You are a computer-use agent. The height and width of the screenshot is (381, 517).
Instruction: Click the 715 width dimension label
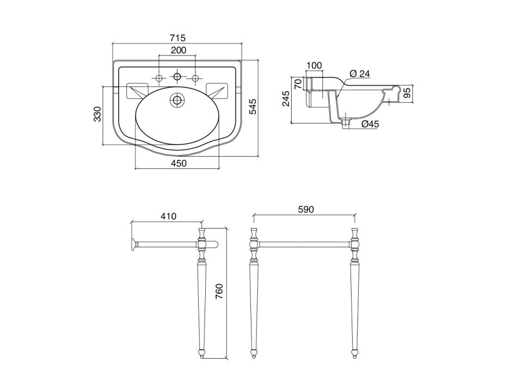(x=179, y=38)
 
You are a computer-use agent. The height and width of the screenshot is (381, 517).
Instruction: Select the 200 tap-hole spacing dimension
(x=179, y=50)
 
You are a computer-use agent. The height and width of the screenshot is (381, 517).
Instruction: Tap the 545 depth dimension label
(x=253, y=106)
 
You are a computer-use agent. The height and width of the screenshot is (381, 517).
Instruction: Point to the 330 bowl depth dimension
(x=97, y=114)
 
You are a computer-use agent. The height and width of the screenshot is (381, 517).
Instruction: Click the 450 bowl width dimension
(x=179, y=163)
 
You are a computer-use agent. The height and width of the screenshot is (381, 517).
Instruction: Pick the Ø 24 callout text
(x=360, y=73)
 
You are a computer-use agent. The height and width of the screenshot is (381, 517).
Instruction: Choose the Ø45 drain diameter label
(x=370, y=124)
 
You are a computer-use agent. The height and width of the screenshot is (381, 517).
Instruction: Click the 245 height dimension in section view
(x=286, y=99)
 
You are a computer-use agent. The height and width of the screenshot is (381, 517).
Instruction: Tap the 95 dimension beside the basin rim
(x=407, y=93)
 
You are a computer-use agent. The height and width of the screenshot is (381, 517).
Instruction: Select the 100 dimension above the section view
(x=314, y=65)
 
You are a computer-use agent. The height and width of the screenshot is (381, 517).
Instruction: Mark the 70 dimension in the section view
(x=298, y=84)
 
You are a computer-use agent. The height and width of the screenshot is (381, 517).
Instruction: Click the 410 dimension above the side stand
(x=169, y=217)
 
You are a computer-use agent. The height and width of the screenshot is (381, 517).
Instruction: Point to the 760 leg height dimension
(x=219, y=292)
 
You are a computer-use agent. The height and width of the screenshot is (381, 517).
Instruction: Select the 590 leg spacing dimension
(x=306, y=210)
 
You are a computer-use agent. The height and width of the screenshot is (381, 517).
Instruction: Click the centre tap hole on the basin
(x=177, y=77)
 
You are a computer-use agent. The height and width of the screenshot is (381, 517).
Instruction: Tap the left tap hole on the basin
(x=159, y=78)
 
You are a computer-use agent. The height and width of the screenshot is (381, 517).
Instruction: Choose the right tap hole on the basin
(x=195, y=78)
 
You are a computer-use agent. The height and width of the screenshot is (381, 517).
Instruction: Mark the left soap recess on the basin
(x=138, y=90)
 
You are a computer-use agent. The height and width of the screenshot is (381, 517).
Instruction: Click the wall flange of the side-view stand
(x=133, y=244)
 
